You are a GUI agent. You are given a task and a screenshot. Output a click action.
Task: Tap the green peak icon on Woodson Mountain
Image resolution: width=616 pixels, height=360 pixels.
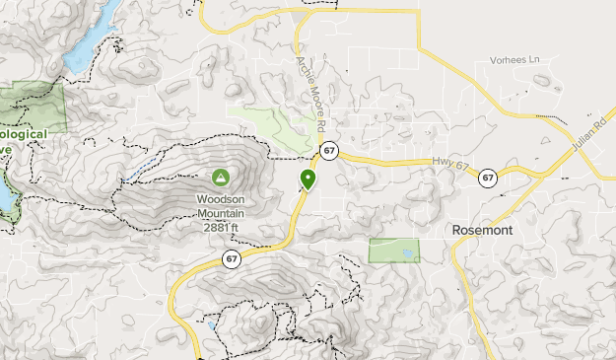tap(221, 179)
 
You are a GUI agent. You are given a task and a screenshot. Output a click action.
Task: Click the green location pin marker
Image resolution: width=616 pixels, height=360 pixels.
tap(308, 179)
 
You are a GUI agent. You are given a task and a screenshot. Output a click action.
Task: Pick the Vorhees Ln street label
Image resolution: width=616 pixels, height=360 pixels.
tap(515, 61)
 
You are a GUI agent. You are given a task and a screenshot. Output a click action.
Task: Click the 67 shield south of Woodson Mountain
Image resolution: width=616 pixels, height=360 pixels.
tap(231, 259)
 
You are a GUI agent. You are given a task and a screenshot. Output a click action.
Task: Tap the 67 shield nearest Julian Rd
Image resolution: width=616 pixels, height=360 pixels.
tap(488, 179)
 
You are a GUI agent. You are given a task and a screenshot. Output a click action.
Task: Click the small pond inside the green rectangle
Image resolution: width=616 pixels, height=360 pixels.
tap(407, 255)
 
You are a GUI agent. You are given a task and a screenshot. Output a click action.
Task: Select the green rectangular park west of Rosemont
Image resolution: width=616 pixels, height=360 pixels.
tap(392, 250)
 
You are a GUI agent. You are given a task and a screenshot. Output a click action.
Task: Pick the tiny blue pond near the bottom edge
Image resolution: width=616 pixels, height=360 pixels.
tap(210, 324)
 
